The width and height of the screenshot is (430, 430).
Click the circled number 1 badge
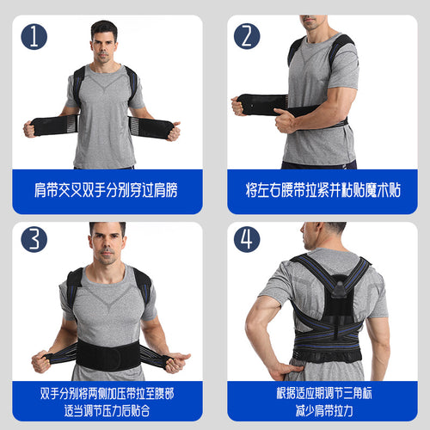tap(34, 37)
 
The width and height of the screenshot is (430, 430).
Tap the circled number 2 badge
tap(247, 36)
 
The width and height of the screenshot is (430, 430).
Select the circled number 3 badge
tap(34, 239)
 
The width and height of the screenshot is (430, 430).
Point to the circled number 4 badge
tap(247, 239)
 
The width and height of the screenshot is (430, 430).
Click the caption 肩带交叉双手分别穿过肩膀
tap(106, 190)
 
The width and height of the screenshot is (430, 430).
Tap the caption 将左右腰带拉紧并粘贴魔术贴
tap(323, 190)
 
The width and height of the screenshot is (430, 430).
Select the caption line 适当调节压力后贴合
tap(107, 410)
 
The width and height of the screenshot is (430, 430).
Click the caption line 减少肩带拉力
tap(324, 410)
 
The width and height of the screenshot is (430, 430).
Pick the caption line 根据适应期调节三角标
tap(324, 393)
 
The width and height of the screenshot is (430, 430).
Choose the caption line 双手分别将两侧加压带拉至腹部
tap(107, 393)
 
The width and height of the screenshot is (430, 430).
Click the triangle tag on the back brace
tap(340, 290)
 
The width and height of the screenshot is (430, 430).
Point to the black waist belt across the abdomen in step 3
tap(108, 355)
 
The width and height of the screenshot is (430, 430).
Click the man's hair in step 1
tap(104, 29)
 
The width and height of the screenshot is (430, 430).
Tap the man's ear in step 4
tap(318, 231)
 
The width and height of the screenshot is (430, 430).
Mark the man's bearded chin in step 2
tap(312, 27)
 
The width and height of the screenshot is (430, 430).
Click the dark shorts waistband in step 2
tap(319, 165)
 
